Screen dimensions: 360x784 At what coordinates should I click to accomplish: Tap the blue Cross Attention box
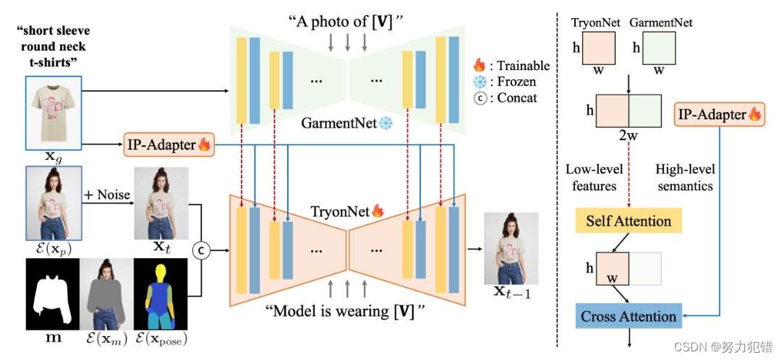tap(628, 316)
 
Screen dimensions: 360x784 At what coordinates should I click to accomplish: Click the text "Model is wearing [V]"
tap(344, 312)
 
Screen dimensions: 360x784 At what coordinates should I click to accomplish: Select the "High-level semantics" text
tap(684, 177)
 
